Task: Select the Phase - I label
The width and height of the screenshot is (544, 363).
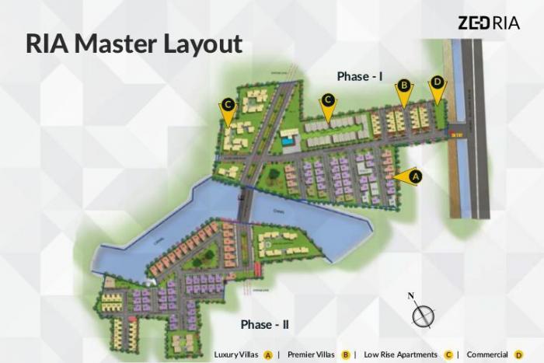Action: pos(361,76)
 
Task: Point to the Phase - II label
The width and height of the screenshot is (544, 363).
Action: pos(265,324)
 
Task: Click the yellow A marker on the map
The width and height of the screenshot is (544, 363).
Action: pos(414,176)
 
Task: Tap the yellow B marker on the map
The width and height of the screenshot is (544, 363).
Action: pos(403,86)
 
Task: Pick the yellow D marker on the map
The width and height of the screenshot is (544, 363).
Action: pos(437,82)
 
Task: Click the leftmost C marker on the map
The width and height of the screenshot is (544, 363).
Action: pos(228,103)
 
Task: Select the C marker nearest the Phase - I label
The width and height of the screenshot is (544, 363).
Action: pos(328,99)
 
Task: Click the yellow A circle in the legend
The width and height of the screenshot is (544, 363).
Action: pos(267,354)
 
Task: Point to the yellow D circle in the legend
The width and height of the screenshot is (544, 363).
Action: pos(518,354)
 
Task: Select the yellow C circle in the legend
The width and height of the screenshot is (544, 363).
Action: pos(448,354)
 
